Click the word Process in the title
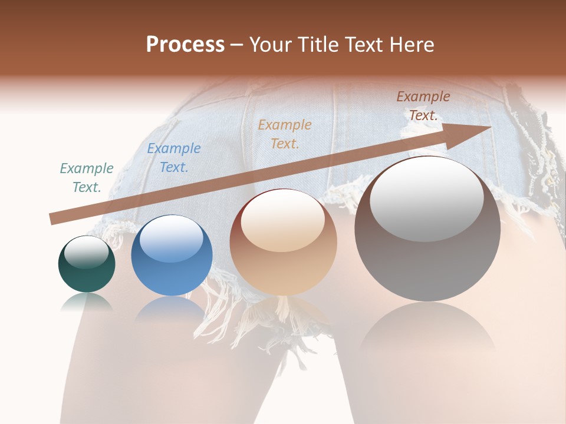(185, 45)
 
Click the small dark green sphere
(87, 264)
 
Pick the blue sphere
(172, 256)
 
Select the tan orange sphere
(283, 243)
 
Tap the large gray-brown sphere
(427, 230)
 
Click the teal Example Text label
(87, 178)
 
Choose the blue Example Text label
(174, 158)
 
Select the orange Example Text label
(285, 134)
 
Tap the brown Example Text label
(423, 106)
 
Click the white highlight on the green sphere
(87, 252)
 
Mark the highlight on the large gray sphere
(427, 197)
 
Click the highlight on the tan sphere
(283, 219)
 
